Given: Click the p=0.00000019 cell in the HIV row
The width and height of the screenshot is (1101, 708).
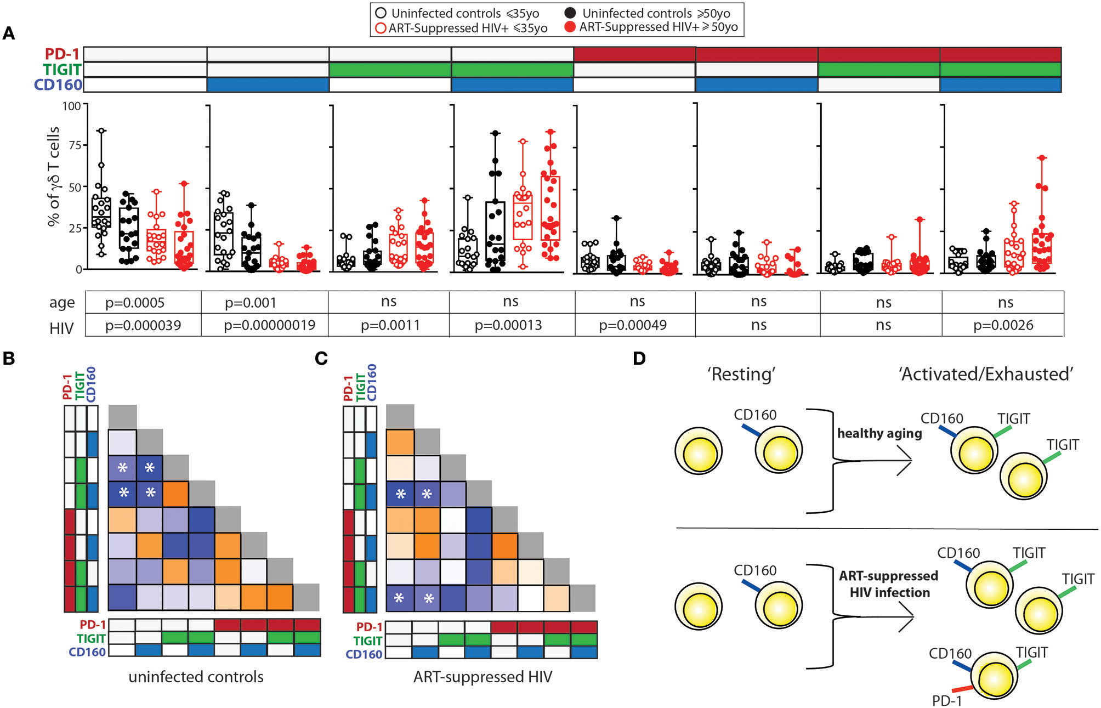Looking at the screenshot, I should [x=269, y=325].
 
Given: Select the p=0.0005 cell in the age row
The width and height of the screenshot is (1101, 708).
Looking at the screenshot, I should [x=135, y=303].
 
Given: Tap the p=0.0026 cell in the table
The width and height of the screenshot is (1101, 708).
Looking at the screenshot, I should [x=1003, y=325].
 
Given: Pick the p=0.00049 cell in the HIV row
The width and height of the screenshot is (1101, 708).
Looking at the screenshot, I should [x=633, y=325].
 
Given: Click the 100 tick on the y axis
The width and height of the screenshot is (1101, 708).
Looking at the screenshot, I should [x=71, y=106].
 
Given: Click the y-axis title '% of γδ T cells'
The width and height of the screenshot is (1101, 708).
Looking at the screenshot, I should [x=53, y=177].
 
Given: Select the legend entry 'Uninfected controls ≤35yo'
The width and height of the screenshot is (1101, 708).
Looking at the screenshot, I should [x=457, y=13].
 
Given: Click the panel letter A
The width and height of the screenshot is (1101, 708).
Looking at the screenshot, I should [x=9, y=34].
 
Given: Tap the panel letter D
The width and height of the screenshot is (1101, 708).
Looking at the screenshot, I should [x=639, y=359].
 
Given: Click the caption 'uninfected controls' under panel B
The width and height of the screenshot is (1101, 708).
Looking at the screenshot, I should [x=196, y=677].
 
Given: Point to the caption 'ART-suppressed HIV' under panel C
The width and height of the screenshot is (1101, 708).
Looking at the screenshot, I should [x=483, y=677].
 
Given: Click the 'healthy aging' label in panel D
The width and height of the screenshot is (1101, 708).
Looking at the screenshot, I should [x=879, y=433].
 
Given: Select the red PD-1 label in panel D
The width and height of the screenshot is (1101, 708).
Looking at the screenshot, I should [x=947, y=700].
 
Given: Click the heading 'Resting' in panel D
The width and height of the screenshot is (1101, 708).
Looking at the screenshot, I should [x=741, y=374].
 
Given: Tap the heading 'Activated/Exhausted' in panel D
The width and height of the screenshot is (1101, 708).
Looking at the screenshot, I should [x=985, y=374].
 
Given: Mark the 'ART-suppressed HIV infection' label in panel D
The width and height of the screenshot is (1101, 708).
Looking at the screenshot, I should [x=889, y=584].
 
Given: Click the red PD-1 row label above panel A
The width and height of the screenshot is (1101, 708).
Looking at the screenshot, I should [x=62, y=54].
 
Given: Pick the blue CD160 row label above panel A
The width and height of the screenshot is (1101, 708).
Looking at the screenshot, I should [x=58, y=85].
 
